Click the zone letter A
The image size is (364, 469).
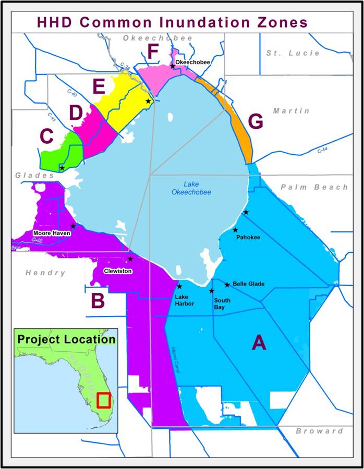(259, 343)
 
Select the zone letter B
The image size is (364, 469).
(98, 301)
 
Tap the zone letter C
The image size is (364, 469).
(47, 137)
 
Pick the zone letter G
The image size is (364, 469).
(256, 121)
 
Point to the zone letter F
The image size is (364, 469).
(153, 52)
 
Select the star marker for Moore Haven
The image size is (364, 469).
(73, 226)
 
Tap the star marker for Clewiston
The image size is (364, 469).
(130, 259)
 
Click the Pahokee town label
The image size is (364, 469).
(248, 238)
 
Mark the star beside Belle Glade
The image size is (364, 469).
(227, 285)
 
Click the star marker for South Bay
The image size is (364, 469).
(212, 291)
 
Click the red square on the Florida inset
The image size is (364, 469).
(104, 400)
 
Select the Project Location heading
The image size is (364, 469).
(66, 339)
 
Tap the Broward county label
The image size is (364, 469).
(319, 431)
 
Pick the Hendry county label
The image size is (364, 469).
(46, 273)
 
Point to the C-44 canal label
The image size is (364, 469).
(325, 151)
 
